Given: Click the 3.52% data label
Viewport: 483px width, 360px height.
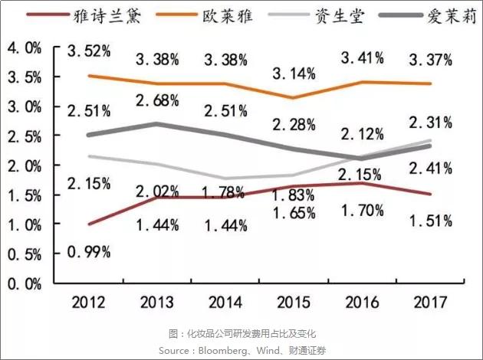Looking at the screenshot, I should click(89, 52).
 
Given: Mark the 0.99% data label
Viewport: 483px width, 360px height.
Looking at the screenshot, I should click(89, 251).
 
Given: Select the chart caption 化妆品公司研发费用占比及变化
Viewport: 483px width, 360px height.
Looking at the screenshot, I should click(242, 333).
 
